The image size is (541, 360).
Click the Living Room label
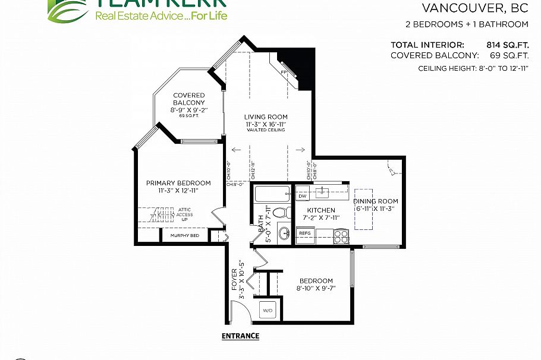click(x=266, y=117)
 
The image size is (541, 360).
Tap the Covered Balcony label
click(x=188, y=99)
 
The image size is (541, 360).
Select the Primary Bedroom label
click(x=178, y=183)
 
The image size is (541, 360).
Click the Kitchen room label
click(x=321, y=210)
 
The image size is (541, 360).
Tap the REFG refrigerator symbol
click(x=305, y=233)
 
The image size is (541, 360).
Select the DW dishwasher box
click(x=302, y=195)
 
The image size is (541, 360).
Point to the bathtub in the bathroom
click(x=272, y=195)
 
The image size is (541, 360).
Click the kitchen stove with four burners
click(x=341, y=236)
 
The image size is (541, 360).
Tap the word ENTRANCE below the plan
click(x=240, y=336)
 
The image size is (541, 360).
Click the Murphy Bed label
click(x=184, y=236)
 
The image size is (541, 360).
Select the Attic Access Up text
click(x=184, y=214)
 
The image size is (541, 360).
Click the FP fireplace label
click(x=284, y=72)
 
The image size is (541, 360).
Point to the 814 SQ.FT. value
click(x=507, y=45)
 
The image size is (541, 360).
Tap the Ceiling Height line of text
click(x=473, y=69)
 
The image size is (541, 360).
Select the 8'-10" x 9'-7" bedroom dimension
click(x=316, y=289)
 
